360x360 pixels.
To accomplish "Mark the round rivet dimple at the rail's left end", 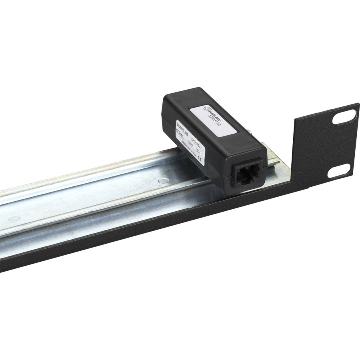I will click(14, 218).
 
